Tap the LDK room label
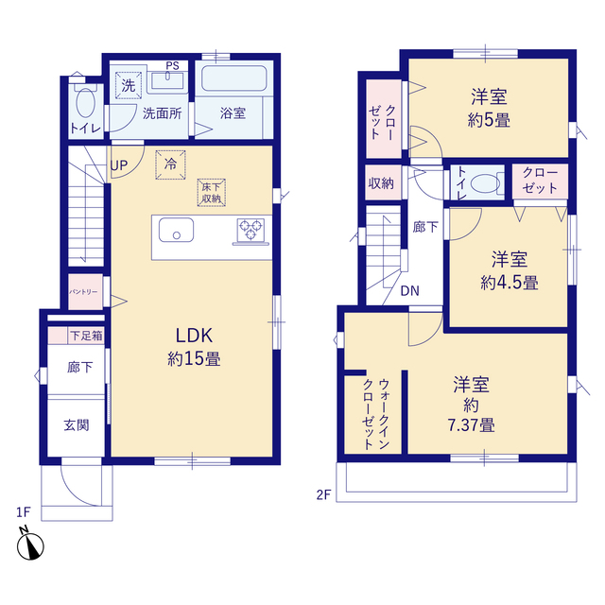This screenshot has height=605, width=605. [x=194, y=336]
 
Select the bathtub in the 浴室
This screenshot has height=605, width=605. [x=234, y=78]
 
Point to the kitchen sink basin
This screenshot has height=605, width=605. [x=177, y=230]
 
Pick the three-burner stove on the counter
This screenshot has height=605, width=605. [x=251, y=230]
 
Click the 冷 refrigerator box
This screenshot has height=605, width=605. [x=170, y=164]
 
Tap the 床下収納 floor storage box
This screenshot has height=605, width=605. [x=212, y=193]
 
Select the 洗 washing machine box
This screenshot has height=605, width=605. [x=129, y=85]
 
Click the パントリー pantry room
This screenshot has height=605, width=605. [x=86, y=292]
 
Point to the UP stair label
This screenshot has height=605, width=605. [x=119, y=165]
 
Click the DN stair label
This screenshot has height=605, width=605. [x=409, y=291]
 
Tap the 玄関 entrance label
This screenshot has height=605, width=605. [x=77, y=425]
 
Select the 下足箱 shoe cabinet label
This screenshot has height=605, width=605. [x=86, y=336]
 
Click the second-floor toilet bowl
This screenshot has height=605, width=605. [x=485, y=182]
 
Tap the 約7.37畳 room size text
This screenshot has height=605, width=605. [x=471, y=415]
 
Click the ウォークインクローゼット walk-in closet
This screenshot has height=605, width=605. [x=372, y=414]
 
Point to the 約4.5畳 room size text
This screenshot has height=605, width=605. [x=510, y=283]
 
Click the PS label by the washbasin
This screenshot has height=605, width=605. [x=172, y=65]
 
